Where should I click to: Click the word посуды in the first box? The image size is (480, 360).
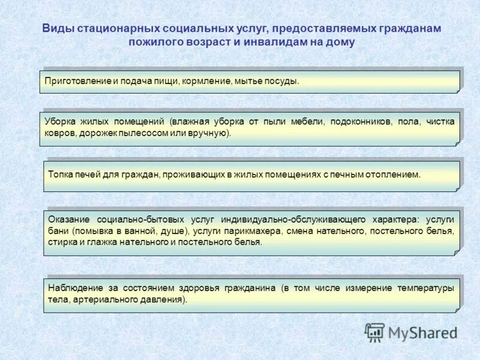(282, 80)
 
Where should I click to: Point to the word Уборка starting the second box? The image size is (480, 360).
(59, 122)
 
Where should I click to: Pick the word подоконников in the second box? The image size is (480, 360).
(362, 122)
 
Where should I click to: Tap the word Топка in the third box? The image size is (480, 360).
(61, 175)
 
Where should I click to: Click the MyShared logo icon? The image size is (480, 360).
(374, 332)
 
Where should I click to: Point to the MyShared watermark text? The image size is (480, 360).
(422, 332)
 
